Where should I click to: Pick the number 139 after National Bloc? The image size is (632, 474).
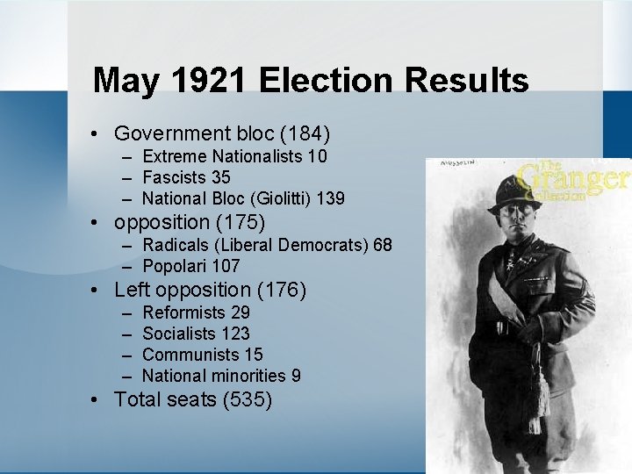(x=331, y=198)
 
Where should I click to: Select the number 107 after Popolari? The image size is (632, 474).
(x=226, y=266)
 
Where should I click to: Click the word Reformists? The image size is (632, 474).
(x=183, y=312)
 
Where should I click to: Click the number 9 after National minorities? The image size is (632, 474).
(x=297, y=376)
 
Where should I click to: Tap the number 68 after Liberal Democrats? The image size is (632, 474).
(x=383, y=245)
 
